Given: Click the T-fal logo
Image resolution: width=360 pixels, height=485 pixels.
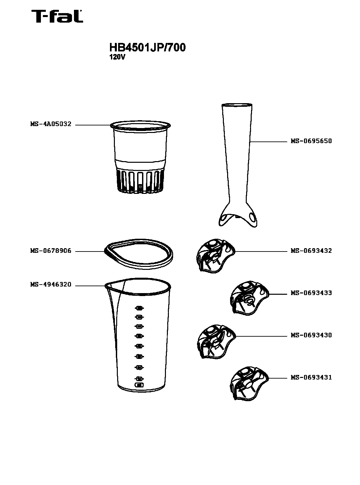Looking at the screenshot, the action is point(57,16).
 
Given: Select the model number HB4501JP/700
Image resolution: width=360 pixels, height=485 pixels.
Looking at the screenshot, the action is point(147,47).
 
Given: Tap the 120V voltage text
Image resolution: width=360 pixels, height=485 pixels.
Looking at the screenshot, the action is point(117,57).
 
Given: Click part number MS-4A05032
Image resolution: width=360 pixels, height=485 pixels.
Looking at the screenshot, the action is point(51,124).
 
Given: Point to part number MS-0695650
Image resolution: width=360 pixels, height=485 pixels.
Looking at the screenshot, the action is point(311,141).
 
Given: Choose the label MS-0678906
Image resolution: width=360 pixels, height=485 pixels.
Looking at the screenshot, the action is point(51,251).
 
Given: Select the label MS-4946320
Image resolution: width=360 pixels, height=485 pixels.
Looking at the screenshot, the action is point(51,285).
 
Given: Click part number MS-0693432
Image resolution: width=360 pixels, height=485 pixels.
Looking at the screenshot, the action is point(311,251).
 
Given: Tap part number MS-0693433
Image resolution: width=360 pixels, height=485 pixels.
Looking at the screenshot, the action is point(311,293).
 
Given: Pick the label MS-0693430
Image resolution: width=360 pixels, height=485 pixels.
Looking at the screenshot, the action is point(311,335).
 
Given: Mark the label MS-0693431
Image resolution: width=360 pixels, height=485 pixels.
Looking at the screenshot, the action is point(311,377).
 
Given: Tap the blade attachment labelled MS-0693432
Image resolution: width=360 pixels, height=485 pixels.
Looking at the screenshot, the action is point(215,256).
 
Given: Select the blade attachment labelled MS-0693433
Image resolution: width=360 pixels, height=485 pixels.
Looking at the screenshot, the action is point(249,298).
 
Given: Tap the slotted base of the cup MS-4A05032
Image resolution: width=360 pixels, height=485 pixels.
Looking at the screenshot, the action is point(140,181).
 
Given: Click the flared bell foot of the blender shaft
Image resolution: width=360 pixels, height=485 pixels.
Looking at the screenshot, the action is point(238,216).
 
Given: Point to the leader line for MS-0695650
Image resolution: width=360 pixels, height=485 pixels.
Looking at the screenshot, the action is point(268,142).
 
